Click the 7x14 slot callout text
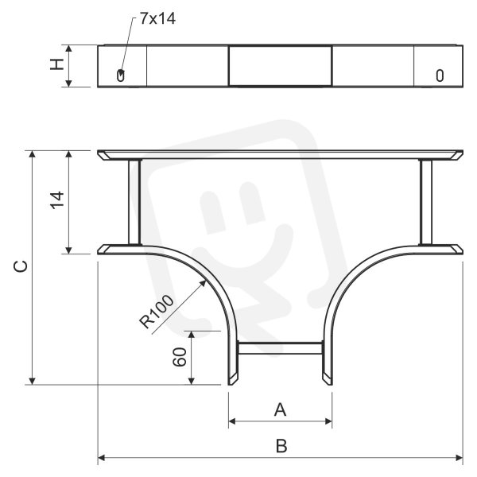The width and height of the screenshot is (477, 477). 157,19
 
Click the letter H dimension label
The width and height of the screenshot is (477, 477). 57,64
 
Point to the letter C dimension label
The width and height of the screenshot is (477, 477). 21,266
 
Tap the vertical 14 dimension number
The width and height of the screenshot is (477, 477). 57,200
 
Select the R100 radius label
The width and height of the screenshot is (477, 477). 157,312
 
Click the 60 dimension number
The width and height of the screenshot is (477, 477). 180,357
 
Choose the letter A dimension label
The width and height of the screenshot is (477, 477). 280,409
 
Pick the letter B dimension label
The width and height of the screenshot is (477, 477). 281,446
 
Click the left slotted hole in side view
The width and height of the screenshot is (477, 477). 121,76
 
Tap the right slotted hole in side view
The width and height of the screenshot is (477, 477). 440,76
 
